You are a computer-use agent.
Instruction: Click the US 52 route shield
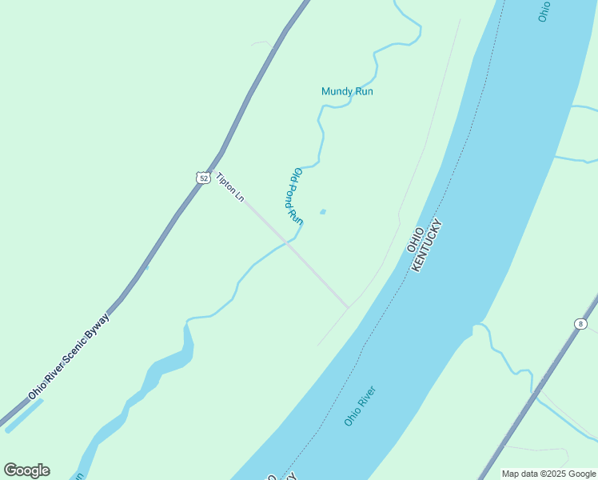[x=204, y=178]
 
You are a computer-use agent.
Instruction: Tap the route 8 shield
[x=580, y=323]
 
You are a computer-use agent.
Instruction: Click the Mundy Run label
[x=347, y=91]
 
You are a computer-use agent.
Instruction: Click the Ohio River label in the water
[x=360, y=406]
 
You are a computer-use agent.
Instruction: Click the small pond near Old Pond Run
[x=323, y=212]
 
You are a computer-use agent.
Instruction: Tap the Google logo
[x=26, y=470]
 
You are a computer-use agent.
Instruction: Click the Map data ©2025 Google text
[x=548, y=474]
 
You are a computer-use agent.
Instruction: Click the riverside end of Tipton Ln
[x=348, y=307]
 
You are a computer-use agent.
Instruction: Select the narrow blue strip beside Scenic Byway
[x=24, y=415]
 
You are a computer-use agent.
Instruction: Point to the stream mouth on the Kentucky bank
[x=477, y=326]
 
